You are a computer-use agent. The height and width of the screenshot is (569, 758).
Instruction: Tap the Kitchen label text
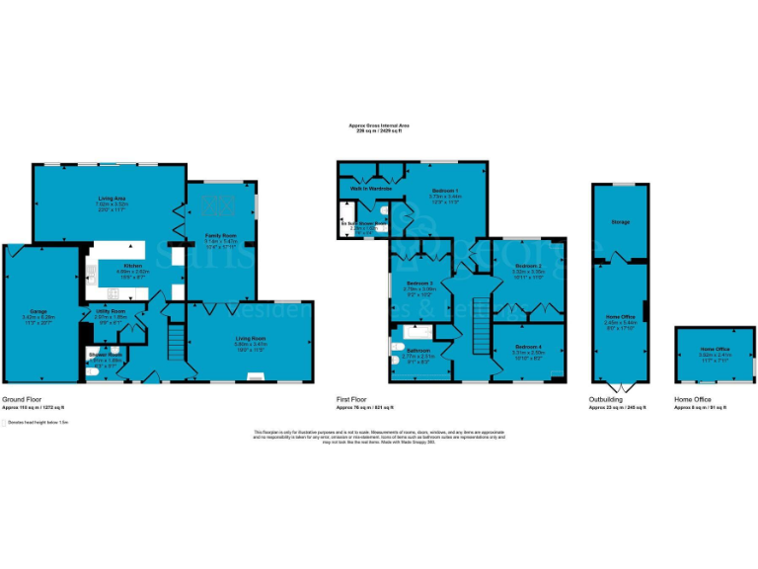(x=132, y=266)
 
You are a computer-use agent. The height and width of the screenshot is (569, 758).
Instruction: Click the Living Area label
(x=109, y=199)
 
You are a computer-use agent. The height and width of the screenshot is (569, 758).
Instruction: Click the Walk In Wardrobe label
(x=366, y=189)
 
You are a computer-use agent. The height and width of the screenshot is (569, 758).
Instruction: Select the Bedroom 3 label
(x=419, y=283)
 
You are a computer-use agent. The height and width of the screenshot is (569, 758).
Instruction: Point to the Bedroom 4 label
(x=528, y=347)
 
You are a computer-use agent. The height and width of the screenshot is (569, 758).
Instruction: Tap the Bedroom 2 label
(x=529, y=267)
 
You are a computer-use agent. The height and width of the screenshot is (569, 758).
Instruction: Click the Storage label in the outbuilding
(x=620, y=222)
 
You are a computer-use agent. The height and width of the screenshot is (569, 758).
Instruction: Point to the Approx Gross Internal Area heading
(x=377, y=126)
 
